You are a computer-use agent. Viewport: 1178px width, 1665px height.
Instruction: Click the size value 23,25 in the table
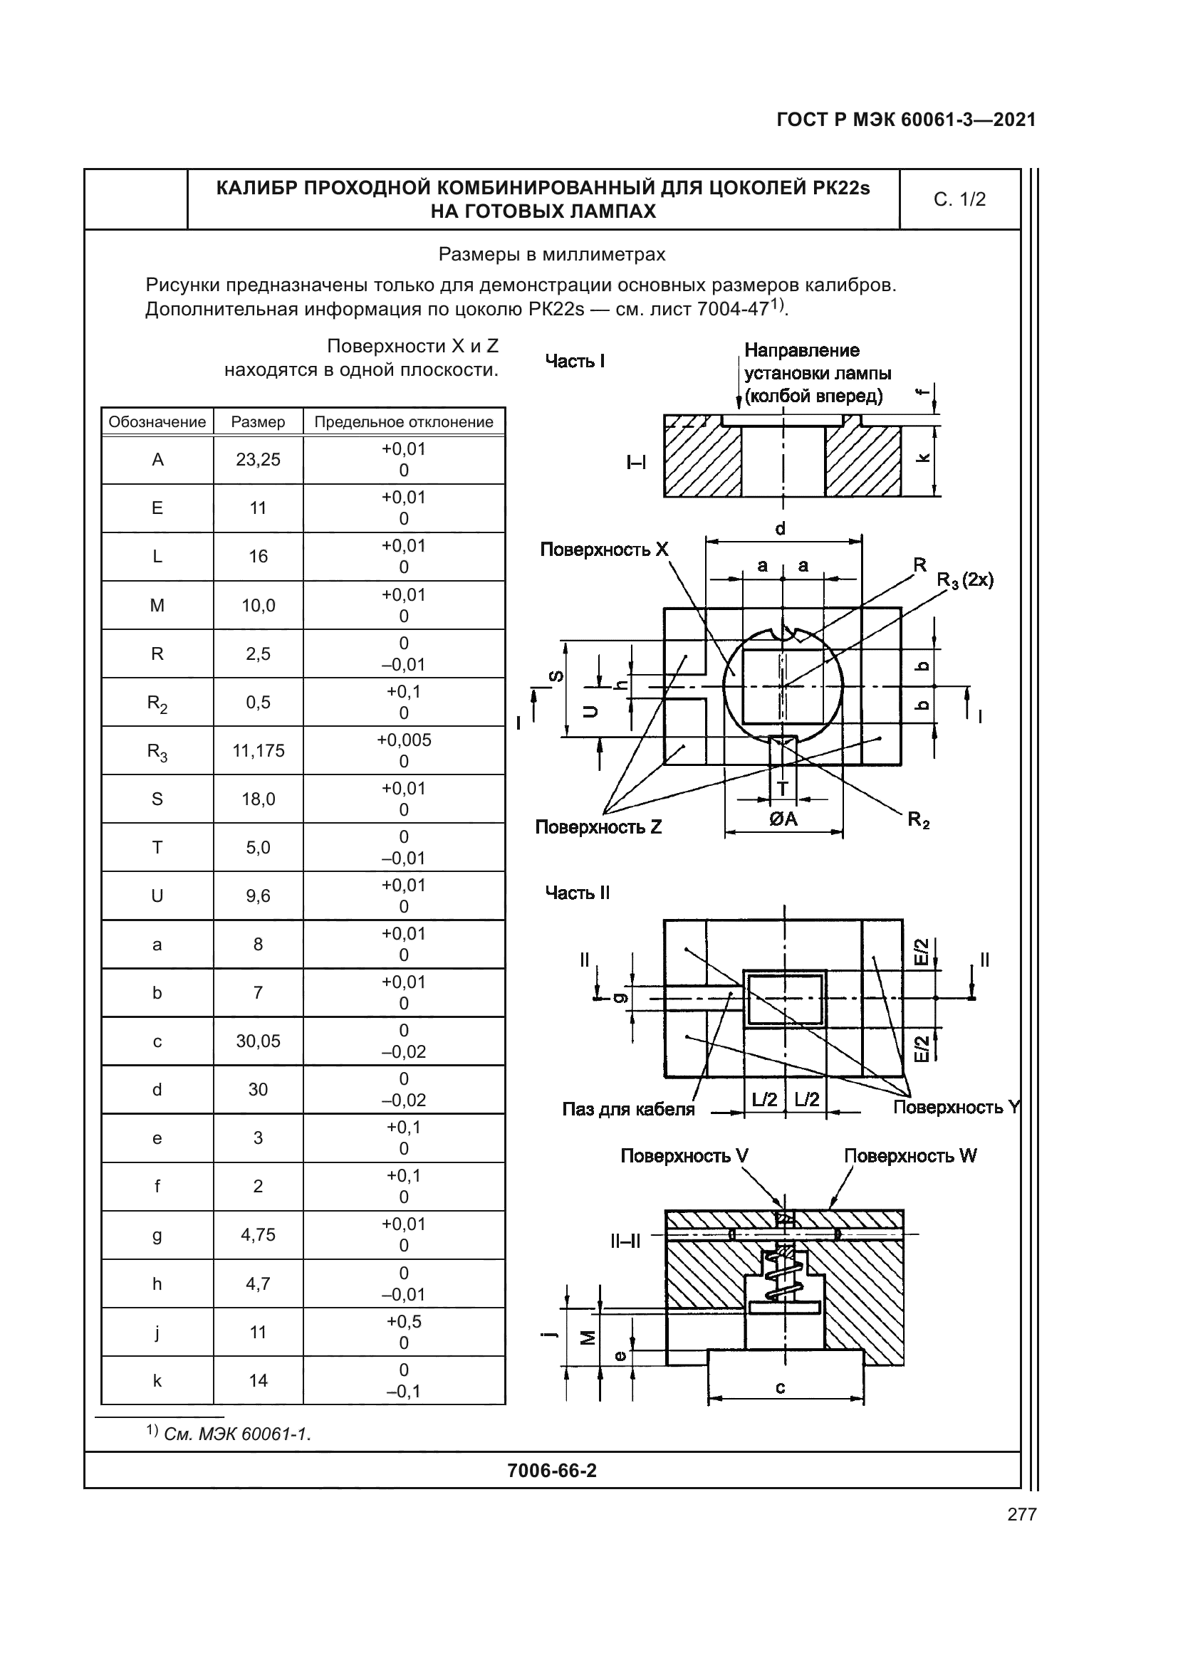259,460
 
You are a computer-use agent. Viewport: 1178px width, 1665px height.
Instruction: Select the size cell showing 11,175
259,750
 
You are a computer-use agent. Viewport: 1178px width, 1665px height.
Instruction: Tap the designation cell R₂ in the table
157,703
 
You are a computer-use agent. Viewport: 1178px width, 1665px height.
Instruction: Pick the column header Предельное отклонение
403,422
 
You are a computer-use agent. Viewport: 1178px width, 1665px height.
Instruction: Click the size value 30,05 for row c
259,1041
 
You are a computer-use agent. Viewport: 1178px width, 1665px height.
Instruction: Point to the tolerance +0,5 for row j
403,1321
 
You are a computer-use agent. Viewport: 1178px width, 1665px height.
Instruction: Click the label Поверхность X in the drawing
603,550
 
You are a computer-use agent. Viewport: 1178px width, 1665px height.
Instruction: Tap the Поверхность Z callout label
598,827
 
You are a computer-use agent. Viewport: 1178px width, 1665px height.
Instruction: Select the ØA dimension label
783,819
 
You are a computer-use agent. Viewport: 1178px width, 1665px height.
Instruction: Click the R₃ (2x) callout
965,580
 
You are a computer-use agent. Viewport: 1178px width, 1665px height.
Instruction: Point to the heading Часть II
578,893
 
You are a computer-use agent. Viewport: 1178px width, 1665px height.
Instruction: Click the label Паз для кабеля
628,1109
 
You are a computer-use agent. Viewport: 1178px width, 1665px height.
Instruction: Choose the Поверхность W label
910,1156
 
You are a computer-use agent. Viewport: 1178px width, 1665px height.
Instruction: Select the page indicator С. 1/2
959,199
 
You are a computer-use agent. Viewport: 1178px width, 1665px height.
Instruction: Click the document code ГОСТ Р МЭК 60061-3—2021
906,120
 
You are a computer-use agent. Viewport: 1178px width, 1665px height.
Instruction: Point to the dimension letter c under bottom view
781,1387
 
